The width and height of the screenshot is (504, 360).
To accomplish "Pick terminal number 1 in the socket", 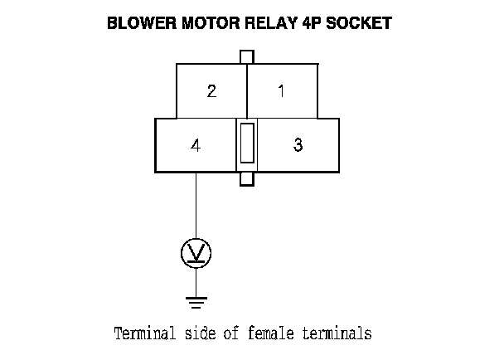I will [x=281, y=91].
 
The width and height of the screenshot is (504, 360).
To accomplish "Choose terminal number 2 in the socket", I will [x=212, y=91].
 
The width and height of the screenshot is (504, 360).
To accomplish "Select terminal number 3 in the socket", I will [x=298, y=145].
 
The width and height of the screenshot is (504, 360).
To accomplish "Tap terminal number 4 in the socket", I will [x=196, y=145].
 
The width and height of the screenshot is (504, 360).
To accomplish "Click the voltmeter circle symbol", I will [x=196, y=252].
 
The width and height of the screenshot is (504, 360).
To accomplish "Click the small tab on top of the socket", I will [x=246, y=56].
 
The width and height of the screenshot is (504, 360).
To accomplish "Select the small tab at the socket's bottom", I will [x=246, y=179].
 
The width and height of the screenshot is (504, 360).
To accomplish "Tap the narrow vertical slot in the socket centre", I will [x=246, y=142].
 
